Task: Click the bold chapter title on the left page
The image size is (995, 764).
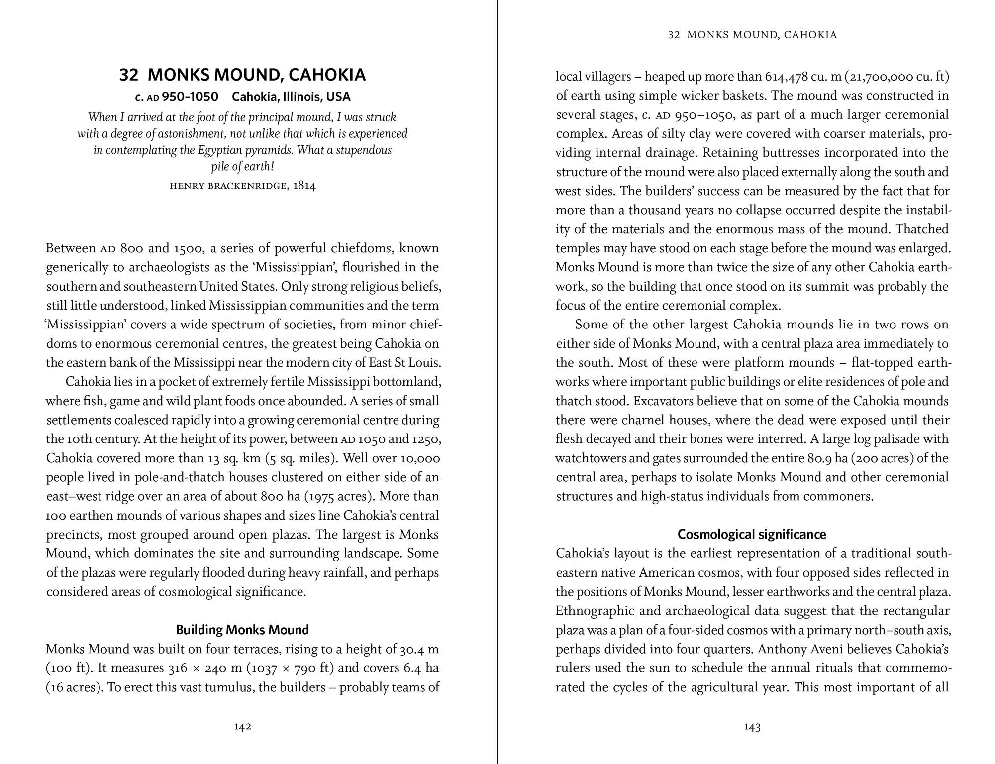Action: tap(242, 75)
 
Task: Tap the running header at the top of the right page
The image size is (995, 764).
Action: tap(752, 35)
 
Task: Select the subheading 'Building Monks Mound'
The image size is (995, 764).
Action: tap(242, 630)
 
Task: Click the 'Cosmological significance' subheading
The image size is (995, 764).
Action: tap(752, 534)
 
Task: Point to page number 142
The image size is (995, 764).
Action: tap(242, 727)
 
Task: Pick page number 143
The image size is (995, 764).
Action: tap(752, 727)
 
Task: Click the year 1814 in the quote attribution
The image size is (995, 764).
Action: tap(304, 186)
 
